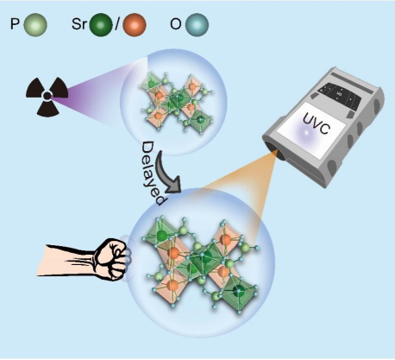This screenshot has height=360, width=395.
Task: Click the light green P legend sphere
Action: coord(35,25)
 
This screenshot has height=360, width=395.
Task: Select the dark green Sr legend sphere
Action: coord(101,25)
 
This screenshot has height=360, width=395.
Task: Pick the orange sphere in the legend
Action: coord(135,25)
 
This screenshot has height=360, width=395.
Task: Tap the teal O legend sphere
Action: coord(197,25)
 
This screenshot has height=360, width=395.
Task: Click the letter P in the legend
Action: coord(15,24)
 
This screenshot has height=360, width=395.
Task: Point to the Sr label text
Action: coord(79,24)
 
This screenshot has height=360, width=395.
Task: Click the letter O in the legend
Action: coord(176,24)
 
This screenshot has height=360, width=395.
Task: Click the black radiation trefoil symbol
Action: coord(47,96)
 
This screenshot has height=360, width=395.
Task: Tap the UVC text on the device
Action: coord(315,123)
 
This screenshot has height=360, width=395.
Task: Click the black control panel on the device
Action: coord(339,97)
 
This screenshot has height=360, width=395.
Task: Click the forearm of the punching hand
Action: coord(67,260)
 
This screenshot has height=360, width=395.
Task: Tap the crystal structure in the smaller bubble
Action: coord(176,102)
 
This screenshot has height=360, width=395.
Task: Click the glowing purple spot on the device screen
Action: coord(306,133)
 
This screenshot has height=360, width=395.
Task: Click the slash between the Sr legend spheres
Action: coord(116,24)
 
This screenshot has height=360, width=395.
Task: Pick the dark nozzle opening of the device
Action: coord(279,152)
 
